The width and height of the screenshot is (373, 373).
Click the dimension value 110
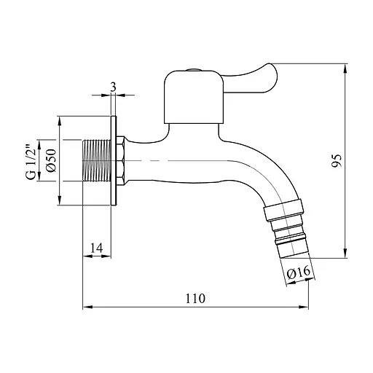tap(195, 299)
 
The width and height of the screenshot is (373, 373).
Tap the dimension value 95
tap(337, 160)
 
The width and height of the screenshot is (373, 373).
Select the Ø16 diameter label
tap(299, 272)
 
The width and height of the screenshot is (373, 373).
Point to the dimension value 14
tap(97, 248)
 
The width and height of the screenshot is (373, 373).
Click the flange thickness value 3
tap(113, 87)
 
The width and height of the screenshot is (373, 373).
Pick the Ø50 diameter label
tap(52, 160)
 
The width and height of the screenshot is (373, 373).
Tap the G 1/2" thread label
tap(31, 162)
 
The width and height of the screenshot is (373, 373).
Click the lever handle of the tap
tap(249, 79)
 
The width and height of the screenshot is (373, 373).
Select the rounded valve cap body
tap(194, 97)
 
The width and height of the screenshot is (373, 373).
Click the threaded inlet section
tap(97, 160)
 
